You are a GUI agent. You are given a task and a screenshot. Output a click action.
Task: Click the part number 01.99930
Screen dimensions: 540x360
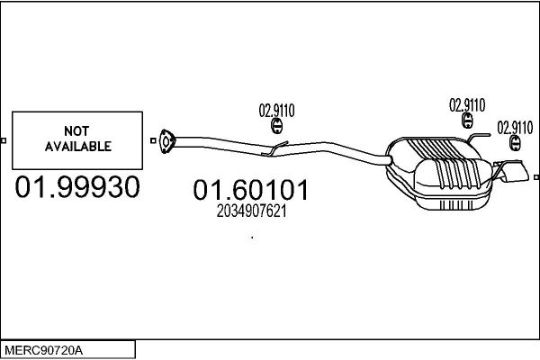[77, 186]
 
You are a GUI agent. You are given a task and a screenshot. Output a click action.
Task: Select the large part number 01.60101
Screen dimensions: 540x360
[251, 190]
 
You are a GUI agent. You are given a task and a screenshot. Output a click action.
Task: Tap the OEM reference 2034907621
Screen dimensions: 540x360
[251, 211]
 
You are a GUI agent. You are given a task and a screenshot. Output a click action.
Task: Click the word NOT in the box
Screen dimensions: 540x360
[76, 130]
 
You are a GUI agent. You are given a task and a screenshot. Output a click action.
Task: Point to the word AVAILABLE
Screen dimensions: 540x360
[77, 147]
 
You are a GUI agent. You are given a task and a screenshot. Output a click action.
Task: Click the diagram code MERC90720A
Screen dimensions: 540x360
[43, 351]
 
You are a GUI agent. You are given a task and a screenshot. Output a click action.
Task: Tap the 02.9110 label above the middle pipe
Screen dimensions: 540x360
[276, 111]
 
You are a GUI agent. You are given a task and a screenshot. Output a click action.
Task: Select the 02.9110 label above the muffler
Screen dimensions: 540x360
[467, 105]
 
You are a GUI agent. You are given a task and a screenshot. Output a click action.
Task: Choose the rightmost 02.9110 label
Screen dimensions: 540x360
[515, 128]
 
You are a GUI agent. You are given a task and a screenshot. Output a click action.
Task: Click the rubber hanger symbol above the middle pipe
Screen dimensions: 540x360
[277, 126]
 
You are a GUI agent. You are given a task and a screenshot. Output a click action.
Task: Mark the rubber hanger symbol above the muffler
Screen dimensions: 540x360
[467, 121]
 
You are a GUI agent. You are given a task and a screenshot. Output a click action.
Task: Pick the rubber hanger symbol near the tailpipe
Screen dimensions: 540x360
[515, 142]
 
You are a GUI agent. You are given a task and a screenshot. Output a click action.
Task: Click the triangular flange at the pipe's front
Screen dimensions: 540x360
[167, 141]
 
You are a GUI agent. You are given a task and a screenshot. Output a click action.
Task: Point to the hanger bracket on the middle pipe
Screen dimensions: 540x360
[274, 148]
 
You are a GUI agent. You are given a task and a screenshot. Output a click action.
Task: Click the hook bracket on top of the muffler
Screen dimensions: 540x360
[478, 137]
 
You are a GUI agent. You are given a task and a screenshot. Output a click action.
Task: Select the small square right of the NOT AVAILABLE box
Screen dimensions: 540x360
[153, 140]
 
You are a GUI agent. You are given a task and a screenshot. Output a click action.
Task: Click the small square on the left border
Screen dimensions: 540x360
[4, 140]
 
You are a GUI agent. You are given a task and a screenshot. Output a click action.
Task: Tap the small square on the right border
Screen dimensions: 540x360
[536, 177]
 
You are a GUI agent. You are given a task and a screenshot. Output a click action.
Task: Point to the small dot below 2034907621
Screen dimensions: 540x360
[252, 238]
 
